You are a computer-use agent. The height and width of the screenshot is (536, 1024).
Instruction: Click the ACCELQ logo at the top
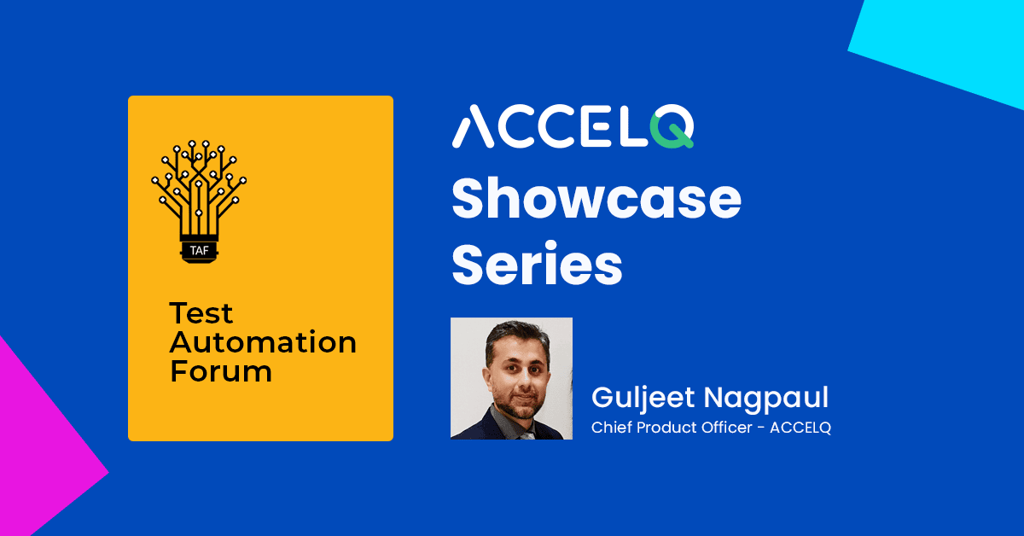572,129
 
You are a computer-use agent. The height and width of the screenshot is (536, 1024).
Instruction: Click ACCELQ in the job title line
800,428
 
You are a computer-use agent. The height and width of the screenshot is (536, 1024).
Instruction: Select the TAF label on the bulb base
198,249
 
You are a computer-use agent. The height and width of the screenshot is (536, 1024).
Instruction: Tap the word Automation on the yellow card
262,342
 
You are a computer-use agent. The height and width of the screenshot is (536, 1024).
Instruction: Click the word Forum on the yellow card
220,370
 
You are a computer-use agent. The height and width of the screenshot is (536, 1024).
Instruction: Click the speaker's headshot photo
511,378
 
